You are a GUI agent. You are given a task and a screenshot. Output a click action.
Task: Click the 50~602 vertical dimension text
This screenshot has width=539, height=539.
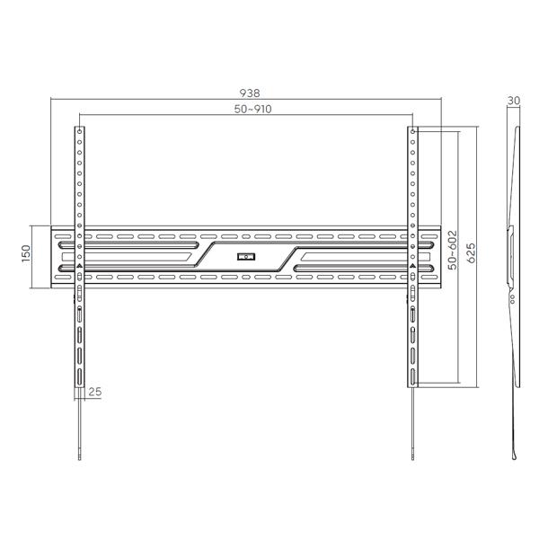click(x=455, y=249)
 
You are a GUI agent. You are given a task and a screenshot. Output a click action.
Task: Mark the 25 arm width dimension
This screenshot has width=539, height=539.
click(x=95, y=392)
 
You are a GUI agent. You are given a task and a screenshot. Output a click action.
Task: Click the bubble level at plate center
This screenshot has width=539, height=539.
click(x=246, y=257)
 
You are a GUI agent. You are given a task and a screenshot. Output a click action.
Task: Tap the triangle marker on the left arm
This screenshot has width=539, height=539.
click(x=79, y=267)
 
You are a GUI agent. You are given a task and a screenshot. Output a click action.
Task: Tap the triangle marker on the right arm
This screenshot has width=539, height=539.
click(x=413, y=267)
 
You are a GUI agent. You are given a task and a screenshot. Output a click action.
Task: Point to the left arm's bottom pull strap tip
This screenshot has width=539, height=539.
click(x=80, y=454)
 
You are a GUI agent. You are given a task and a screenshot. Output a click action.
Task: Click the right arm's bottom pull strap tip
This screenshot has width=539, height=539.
click(x=414, y=454)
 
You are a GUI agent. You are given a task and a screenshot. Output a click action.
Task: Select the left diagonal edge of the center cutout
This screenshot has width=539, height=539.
click(x=204, y=255)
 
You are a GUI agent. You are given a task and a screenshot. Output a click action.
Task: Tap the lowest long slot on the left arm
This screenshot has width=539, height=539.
click(x=79, y=376)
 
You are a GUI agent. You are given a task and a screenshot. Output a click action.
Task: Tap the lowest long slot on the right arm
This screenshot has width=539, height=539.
click(x=413, y=376)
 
